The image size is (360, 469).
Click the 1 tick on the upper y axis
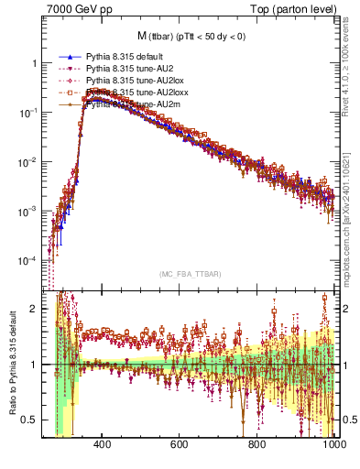point(34,63)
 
